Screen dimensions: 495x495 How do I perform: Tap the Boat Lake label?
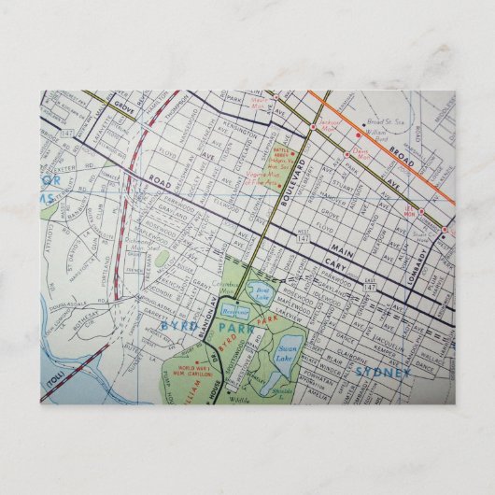pos(262,293)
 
